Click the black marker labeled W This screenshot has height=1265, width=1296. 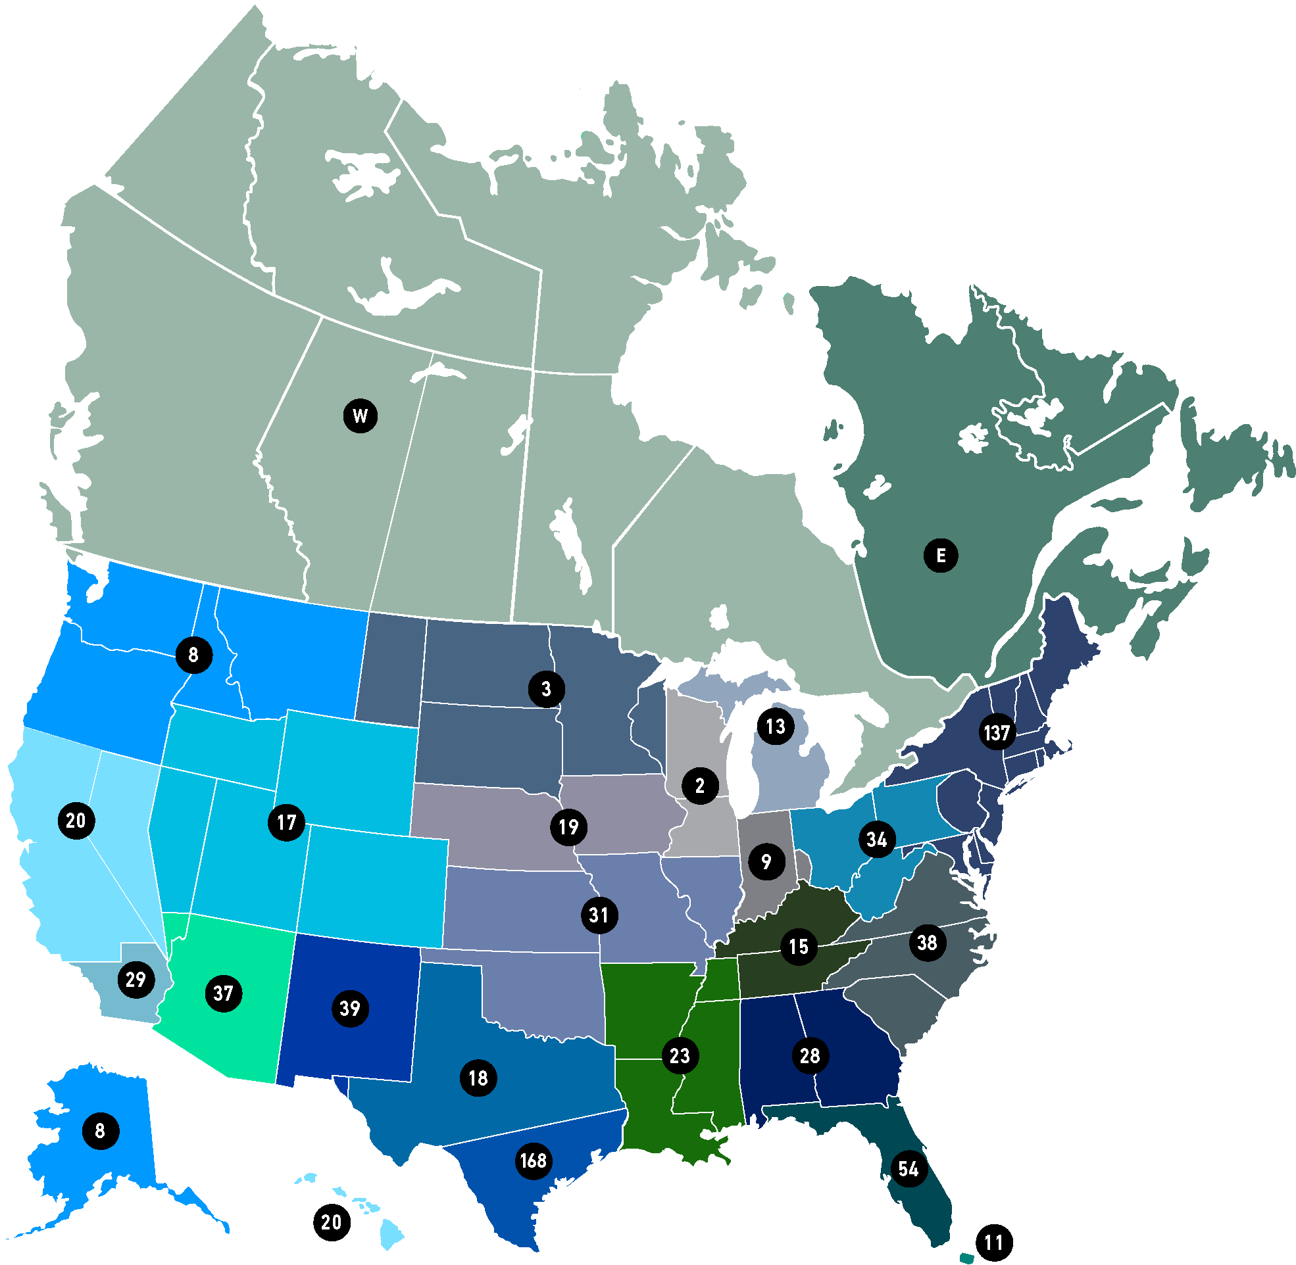(361, 416)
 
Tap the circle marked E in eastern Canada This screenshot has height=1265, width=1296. (941, 555)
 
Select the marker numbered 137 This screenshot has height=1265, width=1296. (997, 732)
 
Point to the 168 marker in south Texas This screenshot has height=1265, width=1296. (533, 1160)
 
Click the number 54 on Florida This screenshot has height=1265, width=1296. (908, 1168)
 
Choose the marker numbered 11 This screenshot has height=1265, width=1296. (993, 1243)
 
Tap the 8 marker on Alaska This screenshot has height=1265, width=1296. (101, 1131)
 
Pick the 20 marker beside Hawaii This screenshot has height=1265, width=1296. (331, 1222)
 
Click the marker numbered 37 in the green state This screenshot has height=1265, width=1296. (223, 993)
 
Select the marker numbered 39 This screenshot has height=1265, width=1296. (349, 1009)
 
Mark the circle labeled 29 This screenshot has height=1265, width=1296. (136, 979)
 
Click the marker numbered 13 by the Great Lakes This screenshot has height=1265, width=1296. (775, 726)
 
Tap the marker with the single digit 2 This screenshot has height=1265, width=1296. (700, 785)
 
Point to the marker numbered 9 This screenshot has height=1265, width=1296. (766, 862)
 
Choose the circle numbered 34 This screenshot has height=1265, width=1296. (877, 840)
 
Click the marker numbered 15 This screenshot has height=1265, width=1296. (798, 947)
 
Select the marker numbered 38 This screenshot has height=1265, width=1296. (927, 942)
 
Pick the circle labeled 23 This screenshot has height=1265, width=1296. (680, 1056)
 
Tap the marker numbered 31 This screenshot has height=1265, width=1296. (599, 915)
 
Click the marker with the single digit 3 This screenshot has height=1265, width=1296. (546, 689)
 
